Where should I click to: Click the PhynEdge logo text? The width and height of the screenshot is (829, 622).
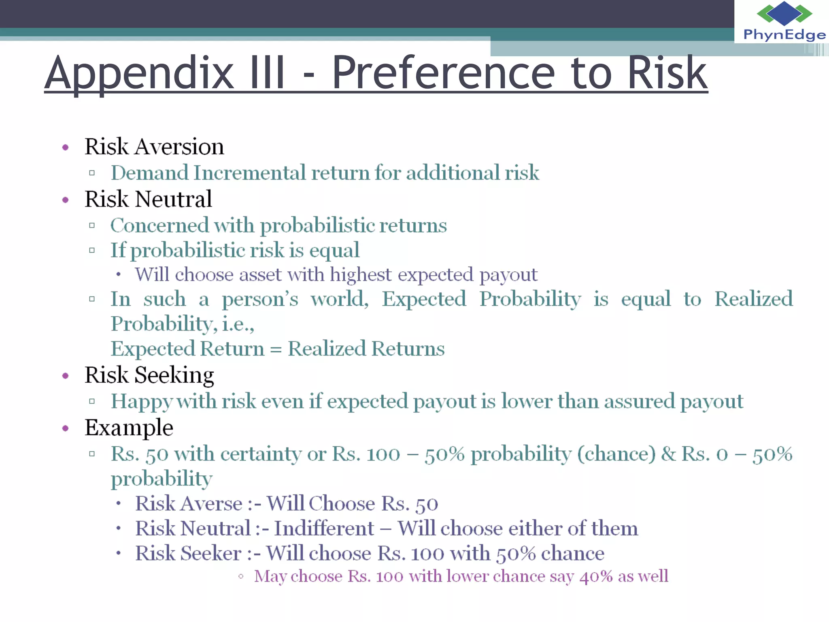coord(784,35)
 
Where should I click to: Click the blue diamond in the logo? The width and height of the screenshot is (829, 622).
coord(784,13)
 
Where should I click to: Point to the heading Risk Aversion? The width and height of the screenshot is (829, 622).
coord(154,147)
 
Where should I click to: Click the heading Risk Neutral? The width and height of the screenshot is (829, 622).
coord(148,199)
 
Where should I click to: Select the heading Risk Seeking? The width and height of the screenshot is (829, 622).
coord(149,375)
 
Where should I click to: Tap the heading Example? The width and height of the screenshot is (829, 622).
coord(129,428)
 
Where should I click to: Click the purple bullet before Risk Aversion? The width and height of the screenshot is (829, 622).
coord(66,147)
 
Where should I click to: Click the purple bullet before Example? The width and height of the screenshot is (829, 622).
coord(66,428)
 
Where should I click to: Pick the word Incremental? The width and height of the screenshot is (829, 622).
coord(249,173)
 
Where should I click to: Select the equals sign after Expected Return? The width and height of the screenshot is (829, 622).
coord(276,349)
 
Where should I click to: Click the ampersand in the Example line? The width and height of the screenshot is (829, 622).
coord(668,454)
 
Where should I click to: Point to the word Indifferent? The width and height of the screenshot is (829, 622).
coord(324,528)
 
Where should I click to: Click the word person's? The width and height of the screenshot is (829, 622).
coord(260,300)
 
